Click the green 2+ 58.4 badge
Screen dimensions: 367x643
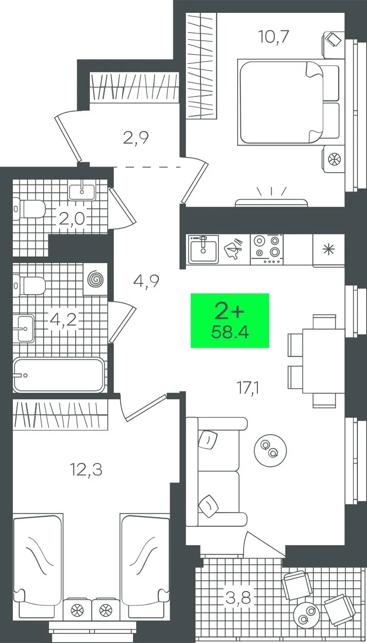coord(230,321)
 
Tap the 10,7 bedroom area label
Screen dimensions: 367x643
coord(273,37)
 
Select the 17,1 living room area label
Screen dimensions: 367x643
coord(248,388)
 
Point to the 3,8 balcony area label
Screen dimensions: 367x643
coord(238,598)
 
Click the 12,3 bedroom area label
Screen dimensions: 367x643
coord(86,470)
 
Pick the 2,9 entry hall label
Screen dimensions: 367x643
coord(136,138)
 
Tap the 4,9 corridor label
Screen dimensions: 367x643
coord(146,281)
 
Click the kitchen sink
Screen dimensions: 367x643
coord(203,249)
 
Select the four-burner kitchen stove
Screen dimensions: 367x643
coord(267,249)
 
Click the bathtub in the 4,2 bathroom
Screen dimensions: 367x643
coord(59,375)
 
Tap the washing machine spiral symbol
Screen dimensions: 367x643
coord(96,279)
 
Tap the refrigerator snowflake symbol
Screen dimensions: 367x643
coord(328,248)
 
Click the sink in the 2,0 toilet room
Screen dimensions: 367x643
coord(82,192)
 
